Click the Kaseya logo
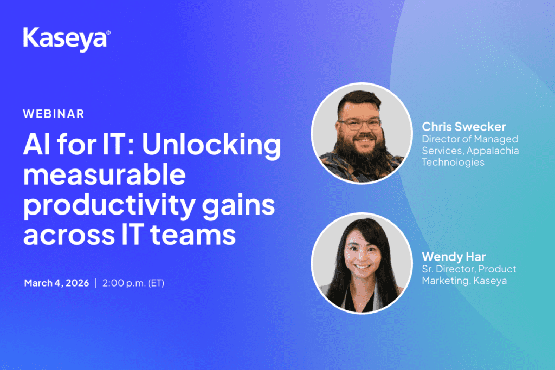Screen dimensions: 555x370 coord(67,39)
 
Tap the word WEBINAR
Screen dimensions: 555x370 coord(54,114)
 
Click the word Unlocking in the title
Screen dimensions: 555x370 coord(211,145)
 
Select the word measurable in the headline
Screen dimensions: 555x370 coord(105,175)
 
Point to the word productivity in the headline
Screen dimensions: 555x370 coord(109,206)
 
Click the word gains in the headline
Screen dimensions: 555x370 coord(238,206)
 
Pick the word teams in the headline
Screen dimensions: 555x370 coord(193,235)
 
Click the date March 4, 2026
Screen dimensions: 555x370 coord(56,283)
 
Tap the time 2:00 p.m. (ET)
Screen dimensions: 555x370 coord(133,283)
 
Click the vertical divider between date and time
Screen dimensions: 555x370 coord(95,283)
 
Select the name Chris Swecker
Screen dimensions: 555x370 coord(464,127)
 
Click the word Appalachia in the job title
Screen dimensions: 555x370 coord(493,151)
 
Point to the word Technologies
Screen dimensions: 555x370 coord(453,163)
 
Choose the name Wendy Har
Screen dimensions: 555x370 coord(454,257)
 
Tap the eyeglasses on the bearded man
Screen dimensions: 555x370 coord(359,124)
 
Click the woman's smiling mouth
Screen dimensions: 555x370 coord(362,266)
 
